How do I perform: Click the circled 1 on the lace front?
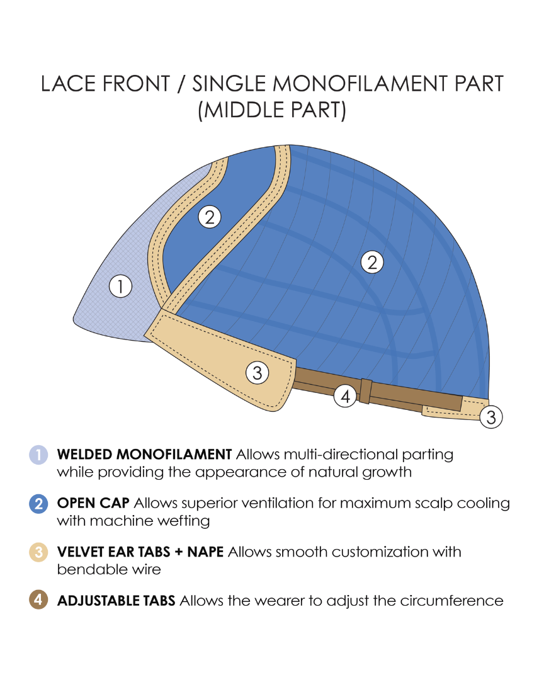click(120, 286)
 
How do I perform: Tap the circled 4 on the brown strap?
click(345, 396)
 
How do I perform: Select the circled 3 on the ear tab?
click(257, 373)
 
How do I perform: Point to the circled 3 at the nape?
click(491, 417)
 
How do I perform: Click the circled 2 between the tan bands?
click(210, 217)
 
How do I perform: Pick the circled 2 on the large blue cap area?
click(372, 262)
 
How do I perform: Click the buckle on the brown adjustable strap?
click(366, 391)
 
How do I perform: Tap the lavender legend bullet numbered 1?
click(38, 454)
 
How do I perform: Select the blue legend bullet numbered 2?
click(38, 504)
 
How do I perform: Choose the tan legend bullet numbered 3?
click(38, 553)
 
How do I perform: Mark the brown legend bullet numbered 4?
click(38, 601)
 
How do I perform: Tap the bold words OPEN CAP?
click(93, 504)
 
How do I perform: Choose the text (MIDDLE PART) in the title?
click(272, 110)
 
